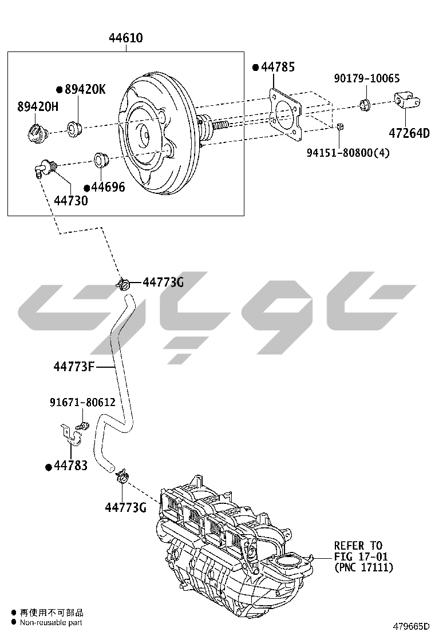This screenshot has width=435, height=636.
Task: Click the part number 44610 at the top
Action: point(126,38)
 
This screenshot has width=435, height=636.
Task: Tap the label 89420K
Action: point(84,89)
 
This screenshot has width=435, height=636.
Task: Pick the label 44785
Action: point(278,67)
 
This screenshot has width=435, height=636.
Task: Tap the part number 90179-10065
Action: point(367,78)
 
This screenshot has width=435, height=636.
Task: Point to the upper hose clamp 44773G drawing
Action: point(124,283)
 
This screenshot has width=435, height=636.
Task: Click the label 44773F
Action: point(74,366)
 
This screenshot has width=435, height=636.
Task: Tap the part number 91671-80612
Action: point(82,403)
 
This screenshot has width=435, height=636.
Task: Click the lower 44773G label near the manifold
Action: point(125,507)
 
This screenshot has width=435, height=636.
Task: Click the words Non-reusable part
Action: point(51,622)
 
